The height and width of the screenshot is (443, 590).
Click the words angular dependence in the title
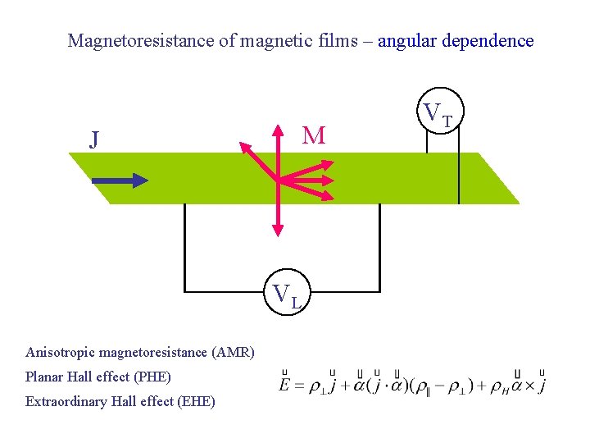coord(456,40)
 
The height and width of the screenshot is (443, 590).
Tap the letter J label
coord(95,139)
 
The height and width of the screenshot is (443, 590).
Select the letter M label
coord(313,135)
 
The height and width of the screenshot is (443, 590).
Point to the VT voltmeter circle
coord(441,115)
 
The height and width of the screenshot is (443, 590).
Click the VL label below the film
coord(288,295)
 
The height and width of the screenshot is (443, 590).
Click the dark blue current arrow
coord(120,180)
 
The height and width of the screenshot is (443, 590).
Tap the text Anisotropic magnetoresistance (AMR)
coord(140,353)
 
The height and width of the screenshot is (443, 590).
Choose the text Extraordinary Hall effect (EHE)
coord(120,402)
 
